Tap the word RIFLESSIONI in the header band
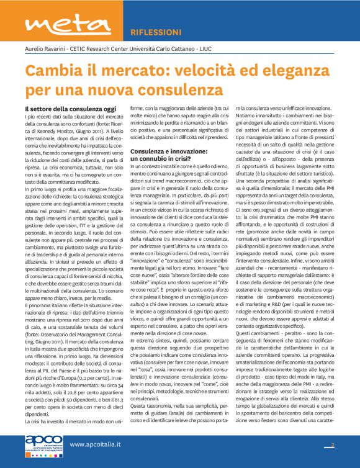(156, 32)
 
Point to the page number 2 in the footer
(333, 445)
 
